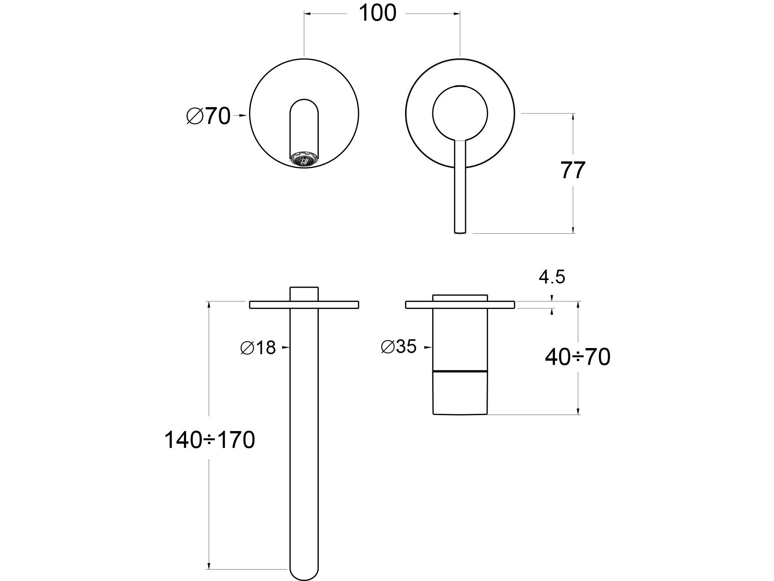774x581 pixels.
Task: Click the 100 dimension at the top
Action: click(x=378, y=14)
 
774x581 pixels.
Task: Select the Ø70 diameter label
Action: click(x=209, y=116)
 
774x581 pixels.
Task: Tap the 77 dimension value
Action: click(x=573, y=171)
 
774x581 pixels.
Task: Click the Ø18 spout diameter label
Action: click(x=258, y=348)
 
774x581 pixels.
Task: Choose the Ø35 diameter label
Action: click(x=399, y=347)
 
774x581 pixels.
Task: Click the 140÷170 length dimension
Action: click(x=209, y=440)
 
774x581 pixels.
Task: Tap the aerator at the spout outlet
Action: click(x=304, y=159)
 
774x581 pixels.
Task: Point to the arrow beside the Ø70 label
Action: click(x=242, y=115)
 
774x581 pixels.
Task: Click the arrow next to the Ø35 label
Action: click(x=428, y=347)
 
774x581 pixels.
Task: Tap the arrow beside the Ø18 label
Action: click(x=285, y=347)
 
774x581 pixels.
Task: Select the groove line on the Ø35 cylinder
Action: click(x=460, y=371)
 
